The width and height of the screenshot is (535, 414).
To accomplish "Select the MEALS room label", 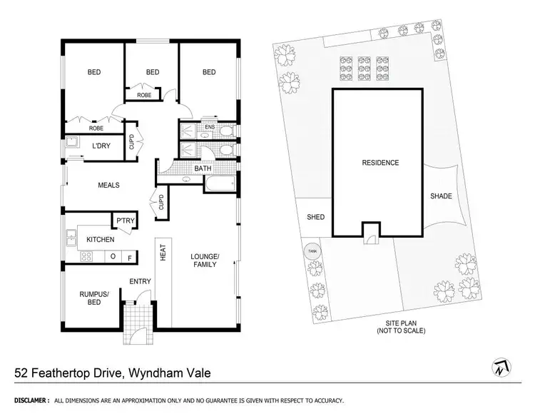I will [x=108, y=185].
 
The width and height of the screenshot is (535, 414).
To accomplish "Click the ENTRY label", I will [x=140, y=281].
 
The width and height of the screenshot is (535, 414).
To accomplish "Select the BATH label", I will [x=202, y=168].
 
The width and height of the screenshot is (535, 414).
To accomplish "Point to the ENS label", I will [x=209, y=128].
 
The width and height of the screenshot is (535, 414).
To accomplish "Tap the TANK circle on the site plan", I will [x=311, y=251].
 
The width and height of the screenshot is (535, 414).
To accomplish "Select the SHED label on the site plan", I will [x=315, y=217].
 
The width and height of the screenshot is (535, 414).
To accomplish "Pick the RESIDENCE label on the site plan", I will [x=380, y=163].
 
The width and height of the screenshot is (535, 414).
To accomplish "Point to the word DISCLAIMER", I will [x=29, y=401].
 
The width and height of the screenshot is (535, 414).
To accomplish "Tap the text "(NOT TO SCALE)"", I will [x=400, y=331].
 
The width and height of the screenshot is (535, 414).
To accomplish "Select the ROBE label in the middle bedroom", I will [x=144, y=94].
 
